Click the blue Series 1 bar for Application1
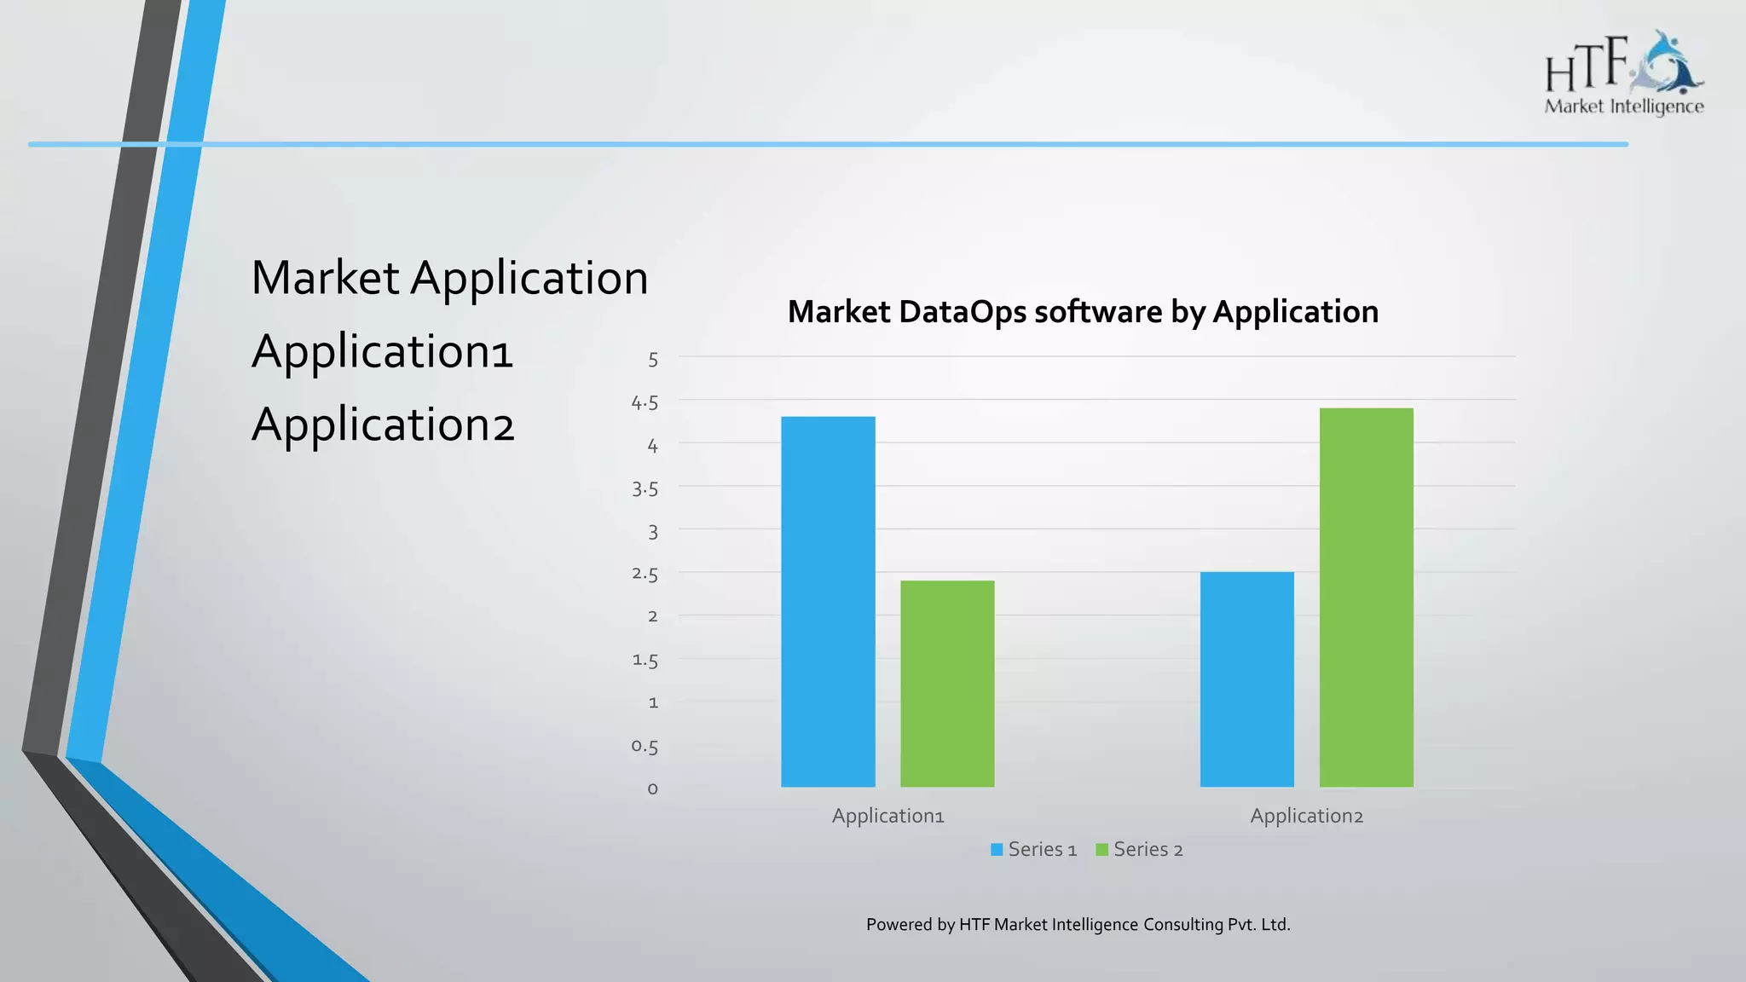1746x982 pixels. pos(828,601)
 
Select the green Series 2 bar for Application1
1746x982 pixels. pos(947,683)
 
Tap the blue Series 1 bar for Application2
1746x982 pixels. pos(1246,679)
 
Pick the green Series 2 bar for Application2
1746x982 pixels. pos(1366,597)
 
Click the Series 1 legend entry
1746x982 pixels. pos(1033,849)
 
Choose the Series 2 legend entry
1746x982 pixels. pos(1139,849)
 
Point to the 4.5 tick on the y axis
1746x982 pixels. pos(645,402)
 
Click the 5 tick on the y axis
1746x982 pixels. pos(653,360)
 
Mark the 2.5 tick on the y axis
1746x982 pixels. pos(645,575)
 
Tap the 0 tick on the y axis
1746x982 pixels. pos(653,789)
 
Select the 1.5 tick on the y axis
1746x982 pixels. pos(645,661)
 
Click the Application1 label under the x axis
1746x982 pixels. pos(887,816)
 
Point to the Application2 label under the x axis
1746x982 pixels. pos(1306,816)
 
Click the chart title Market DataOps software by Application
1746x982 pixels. pos(1083,312)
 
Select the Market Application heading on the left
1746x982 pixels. pos(449,278)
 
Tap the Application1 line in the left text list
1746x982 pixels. pos(382,351)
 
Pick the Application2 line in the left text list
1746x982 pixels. pos(383,425)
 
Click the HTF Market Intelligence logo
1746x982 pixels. pos(1623,74)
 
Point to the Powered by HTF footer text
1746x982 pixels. pos(1078,924)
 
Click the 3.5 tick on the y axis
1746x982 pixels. pos(645,488)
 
